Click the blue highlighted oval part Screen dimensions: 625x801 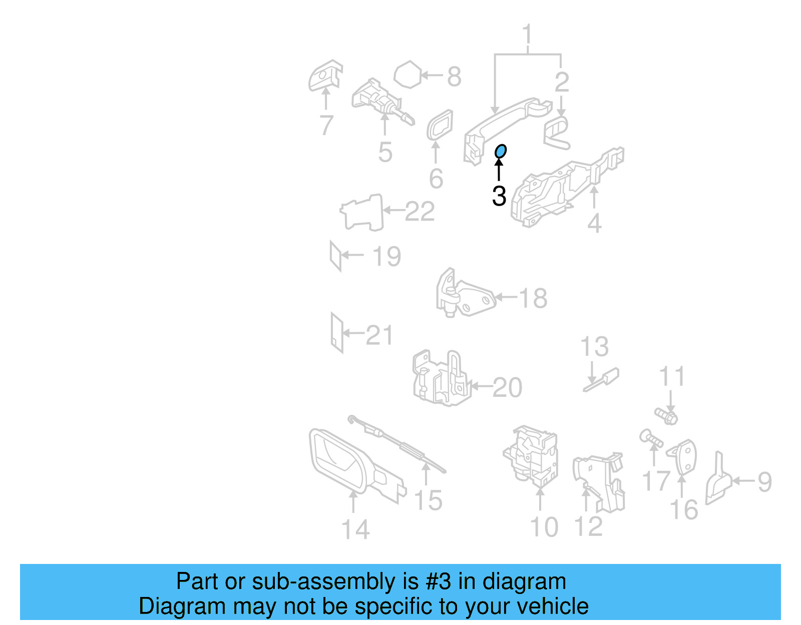point(500,151)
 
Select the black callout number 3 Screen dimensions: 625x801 point(499,196)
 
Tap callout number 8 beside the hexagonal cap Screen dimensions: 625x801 point(454,77)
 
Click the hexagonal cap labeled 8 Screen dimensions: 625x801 point(409,75)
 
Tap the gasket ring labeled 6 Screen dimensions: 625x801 point(440,125)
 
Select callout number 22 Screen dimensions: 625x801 point(420,211)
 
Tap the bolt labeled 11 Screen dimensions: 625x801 point(666,415)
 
